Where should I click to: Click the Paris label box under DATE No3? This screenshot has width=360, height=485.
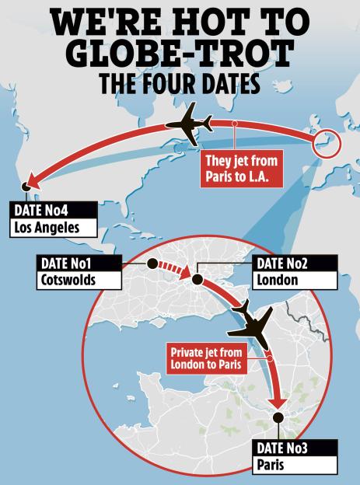point(295,465)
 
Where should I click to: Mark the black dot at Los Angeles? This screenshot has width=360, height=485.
point(26,187)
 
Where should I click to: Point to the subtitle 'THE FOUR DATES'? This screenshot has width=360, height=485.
point(180,85)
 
